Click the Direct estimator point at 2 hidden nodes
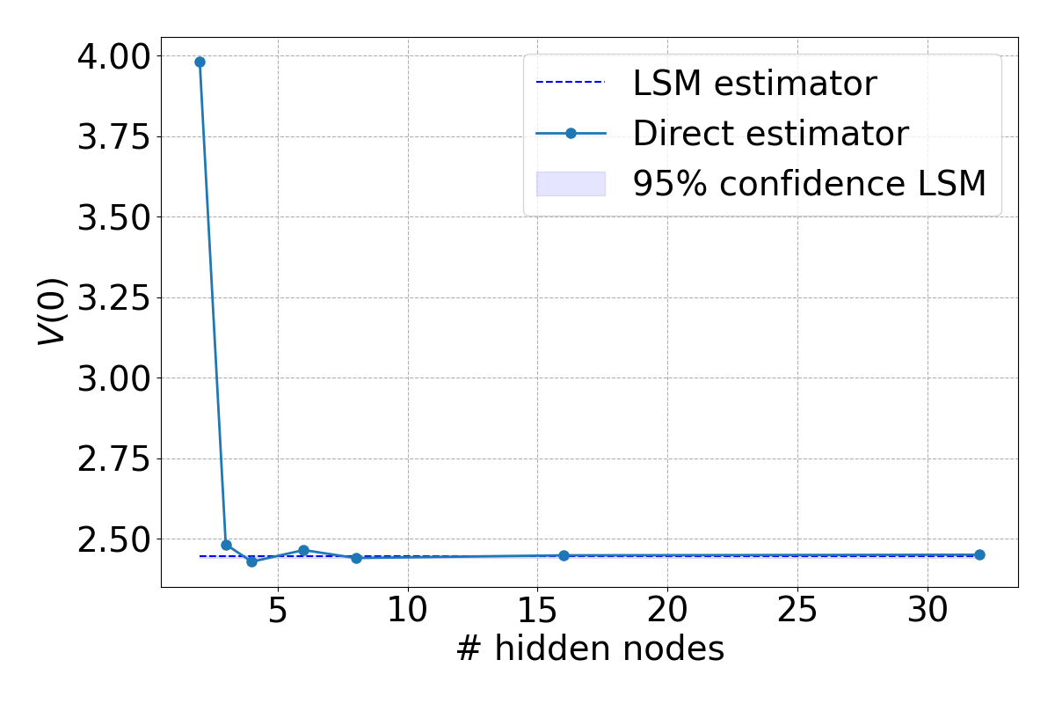click(x=200, y=62)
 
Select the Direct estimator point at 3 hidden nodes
click(x=226, y=545)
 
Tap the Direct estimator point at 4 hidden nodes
click(x=251, y=561)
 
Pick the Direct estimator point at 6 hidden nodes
click(x=303, y=550)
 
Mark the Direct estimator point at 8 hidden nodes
click(x=356, y=558)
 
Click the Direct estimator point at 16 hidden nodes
click(x=564, y=555)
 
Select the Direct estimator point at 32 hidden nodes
click(x=979, y=554)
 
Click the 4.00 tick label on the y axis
click(x=113, y=56)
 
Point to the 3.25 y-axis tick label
click(x=113, y=297)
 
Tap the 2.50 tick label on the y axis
click(x=113, y=539)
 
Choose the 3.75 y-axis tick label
click(x=113, y=136)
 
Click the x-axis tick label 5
click(x=278, y=611)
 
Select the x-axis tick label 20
click(x=667, y=611)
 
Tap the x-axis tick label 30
click(x=927, y=611)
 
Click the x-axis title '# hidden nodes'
click(x=589, y=649)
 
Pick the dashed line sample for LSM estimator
click(x=571, y=82)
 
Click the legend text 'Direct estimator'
click(x=770, y=133)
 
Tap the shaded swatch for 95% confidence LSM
click(x=571, y=183)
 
